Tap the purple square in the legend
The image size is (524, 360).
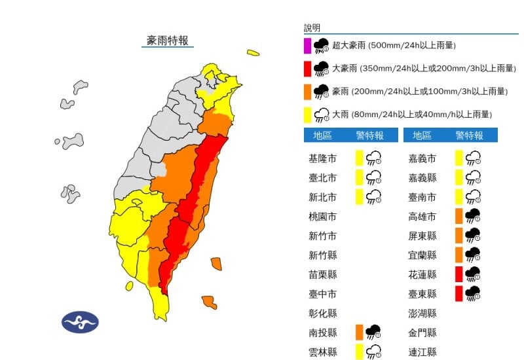pos(307,46)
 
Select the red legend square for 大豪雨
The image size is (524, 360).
pos(307,68)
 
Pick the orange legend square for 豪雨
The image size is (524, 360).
pos(307,91)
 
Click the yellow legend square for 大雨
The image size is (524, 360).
pos(307,115)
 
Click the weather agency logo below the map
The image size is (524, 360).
pos(80,322)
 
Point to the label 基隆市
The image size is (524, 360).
pos(322,158)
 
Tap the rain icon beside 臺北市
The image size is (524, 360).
pos(374,177)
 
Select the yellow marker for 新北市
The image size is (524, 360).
pos(360,196)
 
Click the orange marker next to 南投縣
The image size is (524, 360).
pos(360,333)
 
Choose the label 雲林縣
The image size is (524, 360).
pos(322,352)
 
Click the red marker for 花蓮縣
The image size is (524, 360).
pos(460,274)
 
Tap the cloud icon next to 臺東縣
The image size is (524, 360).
pos(473,294)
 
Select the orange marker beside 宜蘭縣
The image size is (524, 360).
pos(460,255)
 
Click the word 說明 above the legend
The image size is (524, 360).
pos(312,28)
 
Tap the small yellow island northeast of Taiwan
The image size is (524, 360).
pos(253,53)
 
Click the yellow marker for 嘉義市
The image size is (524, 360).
pos(460,158)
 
